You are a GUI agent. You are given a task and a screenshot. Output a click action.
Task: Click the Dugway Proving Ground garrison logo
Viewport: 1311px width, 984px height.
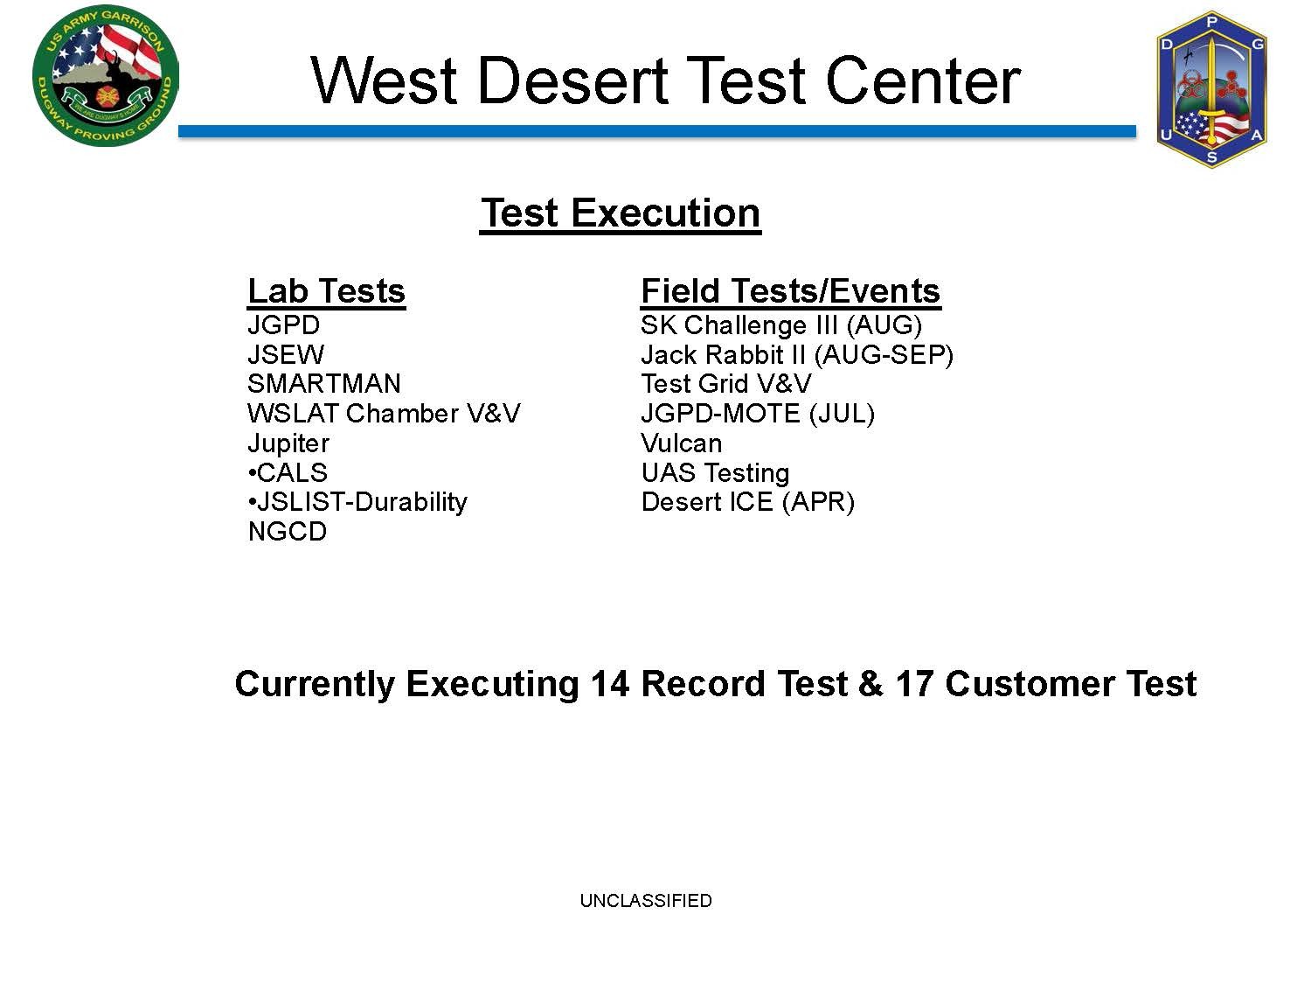(x=106, y=76)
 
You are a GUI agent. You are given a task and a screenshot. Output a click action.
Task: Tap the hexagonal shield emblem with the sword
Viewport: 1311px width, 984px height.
(x=1211, y=89)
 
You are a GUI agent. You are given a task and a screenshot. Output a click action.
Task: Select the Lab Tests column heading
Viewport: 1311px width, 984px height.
(x=327, y=291)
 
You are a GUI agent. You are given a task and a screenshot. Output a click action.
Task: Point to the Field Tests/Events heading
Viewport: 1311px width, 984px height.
(x=791, y=291)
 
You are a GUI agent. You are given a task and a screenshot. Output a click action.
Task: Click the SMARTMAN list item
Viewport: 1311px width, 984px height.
(x=324, y=384)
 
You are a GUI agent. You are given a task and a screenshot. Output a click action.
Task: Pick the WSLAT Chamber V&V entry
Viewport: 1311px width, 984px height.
(x=384, y=414)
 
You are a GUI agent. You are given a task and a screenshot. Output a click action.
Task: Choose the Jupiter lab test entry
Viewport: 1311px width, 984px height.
(x=288, y=443)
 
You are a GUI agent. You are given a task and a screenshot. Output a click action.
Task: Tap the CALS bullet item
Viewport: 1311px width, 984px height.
(x=288, y=472)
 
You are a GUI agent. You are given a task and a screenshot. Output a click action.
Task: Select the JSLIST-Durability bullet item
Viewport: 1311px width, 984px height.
(x=357, y=502)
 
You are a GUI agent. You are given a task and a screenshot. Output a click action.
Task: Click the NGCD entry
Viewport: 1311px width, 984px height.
(x=288, y=532)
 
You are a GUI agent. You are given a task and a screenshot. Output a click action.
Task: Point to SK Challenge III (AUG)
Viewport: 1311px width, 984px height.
(x=781, y=325)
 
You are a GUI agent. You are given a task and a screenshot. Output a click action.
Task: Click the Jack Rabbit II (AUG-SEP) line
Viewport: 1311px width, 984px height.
(x=797, y=355)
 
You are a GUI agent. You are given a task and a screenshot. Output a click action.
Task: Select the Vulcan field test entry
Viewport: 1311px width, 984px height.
(x=682, y=443)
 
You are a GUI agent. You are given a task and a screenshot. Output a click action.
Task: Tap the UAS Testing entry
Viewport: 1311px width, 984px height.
(x=716, y=473)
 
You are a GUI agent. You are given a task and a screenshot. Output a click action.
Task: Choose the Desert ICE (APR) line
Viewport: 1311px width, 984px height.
(x=748, y=502)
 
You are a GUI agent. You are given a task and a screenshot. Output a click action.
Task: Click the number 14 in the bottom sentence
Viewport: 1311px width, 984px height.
(x=610, y=683)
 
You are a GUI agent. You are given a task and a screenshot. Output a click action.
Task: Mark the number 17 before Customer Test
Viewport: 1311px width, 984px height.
(x=914, y=683)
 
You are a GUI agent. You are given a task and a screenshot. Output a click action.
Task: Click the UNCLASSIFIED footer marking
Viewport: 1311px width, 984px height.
(x=646, y=900)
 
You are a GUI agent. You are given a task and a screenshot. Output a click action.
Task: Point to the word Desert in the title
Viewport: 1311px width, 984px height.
(x=572, y=80)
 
